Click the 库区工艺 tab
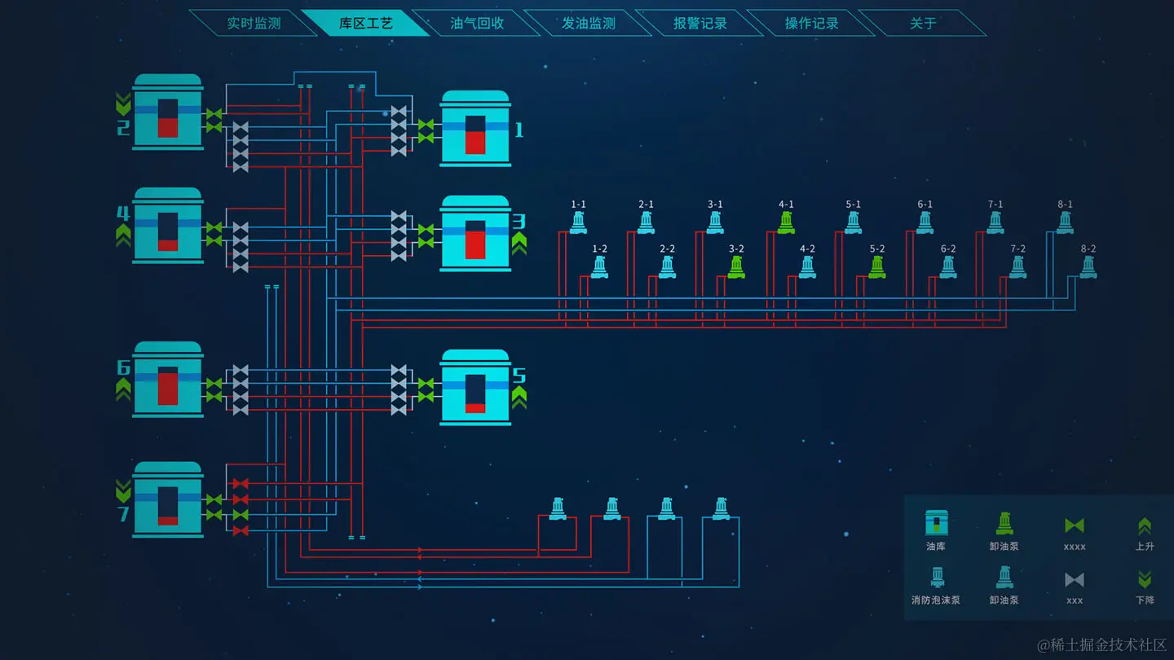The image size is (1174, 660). click(365, 24)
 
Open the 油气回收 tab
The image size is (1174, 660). click(477, 24)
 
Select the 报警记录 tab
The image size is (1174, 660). click(700, 24)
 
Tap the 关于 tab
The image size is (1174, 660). click(923, 24)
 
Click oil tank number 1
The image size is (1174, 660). click(475, 129)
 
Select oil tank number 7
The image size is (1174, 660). click(168, 499)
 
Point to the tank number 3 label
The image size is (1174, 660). click(519, 222)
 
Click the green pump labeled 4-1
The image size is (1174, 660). click(786, 222)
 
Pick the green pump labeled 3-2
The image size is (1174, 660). click(736, 267)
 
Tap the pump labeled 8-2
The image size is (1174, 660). click(1088, 267)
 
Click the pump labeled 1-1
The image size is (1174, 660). click(578, 222)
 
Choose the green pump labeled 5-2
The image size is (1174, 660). click(877, 267)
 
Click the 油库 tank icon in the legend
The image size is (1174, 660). click(936, 523)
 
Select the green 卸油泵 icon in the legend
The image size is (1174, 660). click(1004, 523)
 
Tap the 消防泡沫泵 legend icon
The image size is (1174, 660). click(937, 578)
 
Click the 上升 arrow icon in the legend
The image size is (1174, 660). click(1145, 526)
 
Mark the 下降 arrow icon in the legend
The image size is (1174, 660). click(1145, 579)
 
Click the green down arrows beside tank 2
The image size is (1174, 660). click(123, 103)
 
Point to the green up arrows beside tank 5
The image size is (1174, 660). click(519, 397)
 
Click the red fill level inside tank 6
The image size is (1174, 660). click(168, 389)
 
